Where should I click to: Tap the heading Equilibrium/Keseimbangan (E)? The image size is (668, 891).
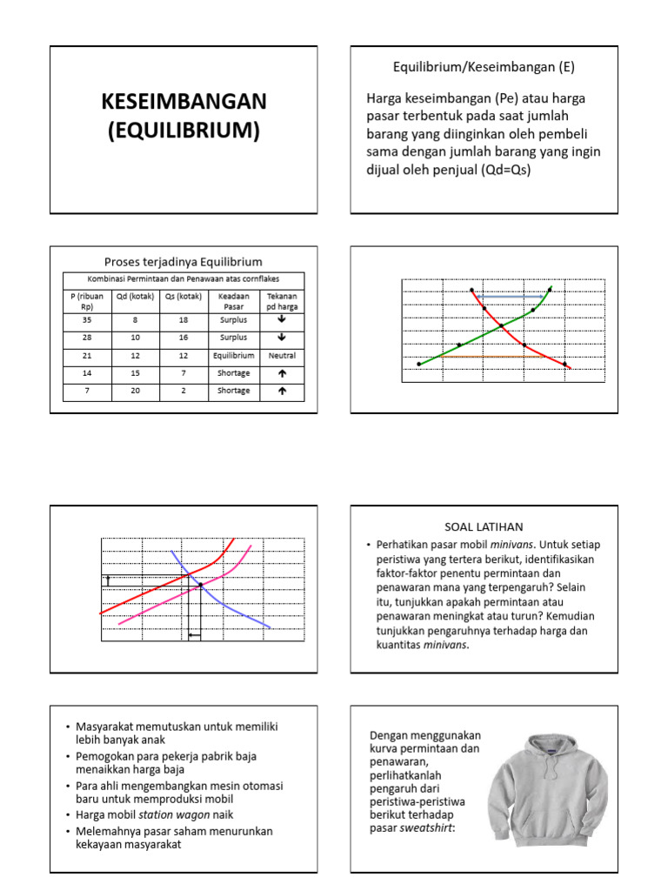(x=484, y=67)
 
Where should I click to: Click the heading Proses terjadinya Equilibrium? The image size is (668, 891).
(x=183, y=261)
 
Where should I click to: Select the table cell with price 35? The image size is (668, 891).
(x=87, y=320)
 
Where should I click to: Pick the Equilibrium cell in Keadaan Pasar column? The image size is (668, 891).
(x=234, y=356)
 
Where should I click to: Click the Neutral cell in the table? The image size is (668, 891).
(x=282, y=356)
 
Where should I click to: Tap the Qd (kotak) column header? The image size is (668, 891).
(x=135, y=296)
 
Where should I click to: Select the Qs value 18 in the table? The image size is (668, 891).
(x=183, y=320)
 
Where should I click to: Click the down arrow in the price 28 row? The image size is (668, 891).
(x=282, y=338)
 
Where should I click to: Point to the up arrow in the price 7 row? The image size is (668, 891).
(x=282, y=392)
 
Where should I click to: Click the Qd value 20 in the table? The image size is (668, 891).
(x=135, y=392)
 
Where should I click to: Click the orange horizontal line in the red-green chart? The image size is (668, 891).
(x=491, y=357)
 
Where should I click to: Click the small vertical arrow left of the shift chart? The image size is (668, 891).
(x=108, y=579)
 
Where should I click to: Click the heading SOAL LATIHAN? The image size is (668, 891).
(x=484, y=527)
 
